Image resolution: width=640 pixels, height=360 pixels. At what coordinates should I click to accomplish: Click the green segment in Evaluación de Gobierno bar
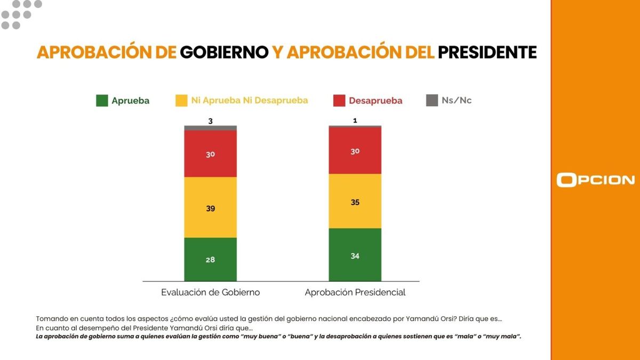pos(210,259)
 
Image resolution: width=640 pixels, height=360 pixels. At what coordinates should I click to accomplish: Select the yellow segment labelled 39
pos(210,207)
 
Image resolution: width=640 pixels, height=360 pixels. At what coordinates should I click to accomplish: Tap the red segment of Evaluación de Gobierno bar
pos(210,154)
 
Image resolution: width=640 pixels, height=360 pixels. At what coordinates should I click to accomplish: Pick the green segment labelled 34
pos(355,254)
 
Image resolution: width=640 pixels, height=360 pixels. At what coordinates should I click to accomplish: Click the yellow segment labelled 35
pos(355,201)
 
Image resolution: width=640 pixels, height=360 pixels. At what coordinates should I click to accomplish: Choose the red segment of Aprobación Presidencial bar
pos(355,150)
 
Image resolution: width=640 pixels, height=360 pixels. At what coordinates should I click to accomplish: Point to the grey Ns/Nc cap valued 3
pos(210,128)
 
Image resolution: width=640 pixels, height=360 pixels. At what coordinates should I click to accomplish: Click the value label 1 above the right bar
pos(355,121)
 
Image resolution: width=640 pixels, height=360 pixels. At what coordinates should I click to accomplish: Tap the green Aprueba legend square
pos(102,100)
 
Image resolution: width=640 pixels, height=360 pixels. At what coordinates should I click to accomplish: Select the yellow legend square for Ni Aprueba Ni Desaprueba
pos(181,100)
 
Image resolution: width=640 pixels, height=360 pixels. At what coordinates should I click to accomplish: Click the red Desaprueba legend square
pos(339,100)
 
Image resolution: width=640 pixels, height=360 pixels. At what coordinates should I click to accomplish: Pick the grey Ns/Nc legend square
pos(432,100)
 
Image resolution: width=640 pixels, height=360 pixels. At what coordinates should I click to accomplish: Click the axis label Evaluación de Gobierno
pos(210,292)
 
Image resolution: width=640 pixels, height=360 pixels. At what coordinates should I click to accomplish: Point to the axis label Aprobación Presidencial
pos(355,292)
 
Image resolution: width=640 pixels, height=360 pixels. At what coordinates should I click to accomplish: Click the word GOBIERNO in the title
pos(224,52)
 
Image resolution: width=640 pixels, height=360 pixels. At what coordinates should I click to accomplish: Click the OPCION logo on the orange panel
pos(595,180)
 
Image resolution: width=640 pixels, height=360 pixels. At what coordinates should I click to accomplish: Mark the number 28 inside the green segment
pos(210,260)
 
